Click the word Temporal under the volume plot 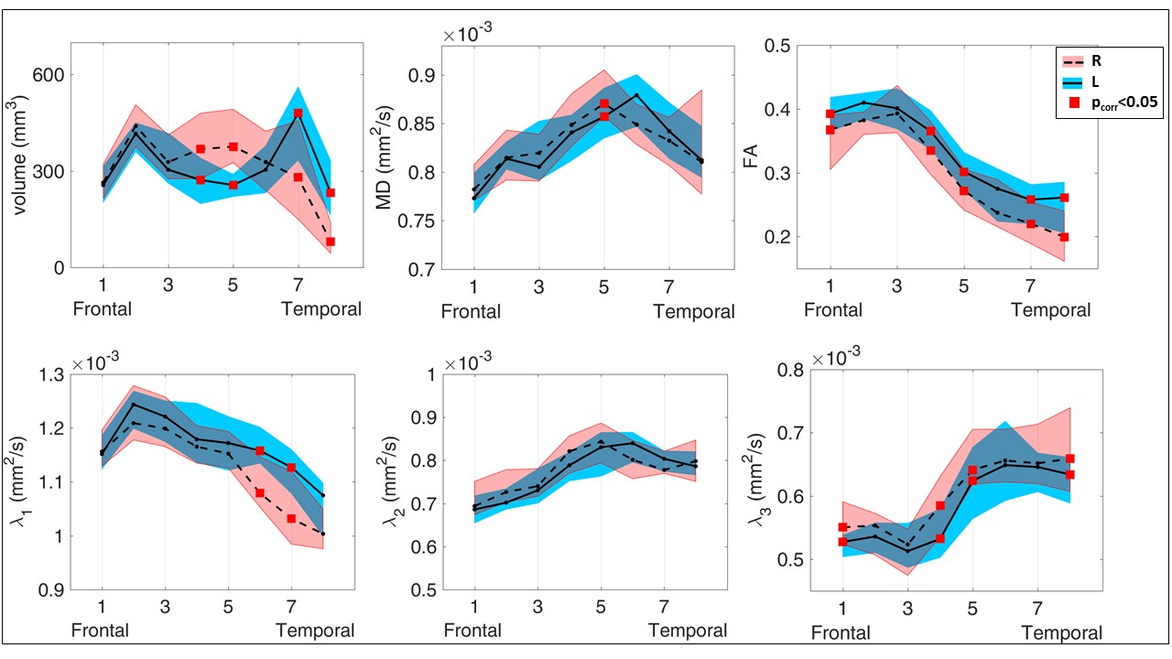(x=321, y=309)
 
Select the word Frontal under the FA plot (x=833, y=310)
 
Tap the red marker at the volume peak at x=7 (x=298, y=113)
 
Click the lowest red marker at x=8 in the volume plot (x=330, y=242)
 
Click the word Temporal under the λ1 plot (x=315, y=631)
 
